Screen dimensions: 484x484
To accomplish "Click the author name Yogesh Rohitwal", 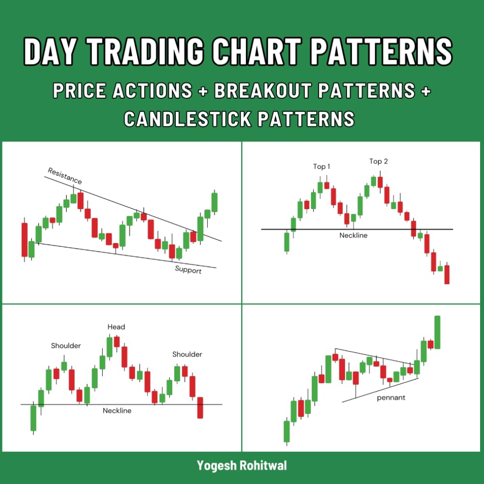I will click(x=242, y=466).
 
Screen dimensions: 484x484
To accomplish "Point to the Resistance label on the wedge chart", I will click(x=65, y=176).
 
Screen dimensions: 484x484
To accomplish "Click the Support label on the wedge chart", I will click(x=188, y=270).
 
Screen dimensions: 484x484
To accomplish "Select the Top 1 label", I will click(x=322, y=166).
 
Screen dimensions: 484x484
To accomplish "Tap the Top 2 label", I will click(x=378, y=161).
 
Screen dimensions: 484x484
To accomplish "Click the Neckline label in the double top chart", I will click(x=353, y=235).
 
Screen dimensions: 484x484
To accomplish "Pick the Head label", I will click(x=116, y=327).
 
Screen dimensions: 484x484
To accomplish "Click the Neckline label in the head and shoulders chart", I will click(x=117, y=410).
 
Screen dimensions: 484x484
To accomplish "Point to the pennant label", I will click(x=391, y=398).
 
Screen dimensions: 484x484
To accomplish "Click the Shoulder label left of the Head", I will click(x=66, y=346).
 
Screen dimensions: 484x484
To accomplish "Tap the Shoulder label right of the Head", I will click(x=187, y=354).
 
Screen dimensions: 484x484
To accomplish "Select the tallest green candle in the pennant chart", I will click(x=438, y=332).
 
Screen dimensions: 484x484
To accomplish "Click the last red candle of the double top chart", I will click(x=447, y=274).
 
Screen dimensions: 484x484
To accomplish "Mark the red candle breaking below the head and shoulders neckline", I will click(x=200, y=408).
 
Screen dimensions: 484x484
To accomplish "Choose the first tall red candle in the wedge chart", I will click(x=25, y=240).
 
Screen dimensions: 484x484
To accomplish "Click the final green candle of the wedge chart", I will click(x=214, y=202).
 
